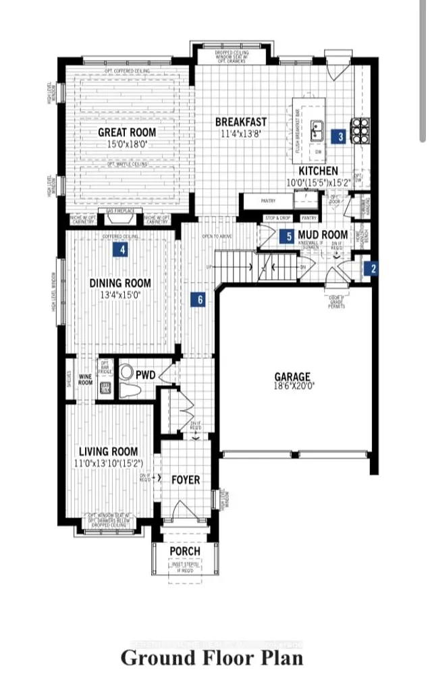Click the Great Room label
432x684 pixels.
[127, 132]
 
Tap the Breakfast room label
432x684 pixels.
[241, 122]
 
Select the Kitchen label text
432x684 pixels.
[319, 171]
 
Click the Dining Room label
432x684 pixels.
[120, 283]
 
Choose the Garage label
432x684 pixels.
[292, 376]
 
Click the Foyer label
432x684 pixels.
[185, 480]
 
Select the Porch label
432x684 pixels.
[184, 551]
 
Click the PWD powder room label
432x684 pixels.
[146, 373]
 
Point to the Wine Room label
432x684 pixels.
[86, 380]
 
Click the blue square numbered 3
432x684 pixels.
[341, 137]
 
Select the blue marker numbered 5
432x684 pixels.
[288, 237]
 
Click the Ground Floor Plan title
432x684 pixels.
[211, 657]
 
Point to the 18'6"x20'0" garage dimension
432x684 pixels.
[292, 387]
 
